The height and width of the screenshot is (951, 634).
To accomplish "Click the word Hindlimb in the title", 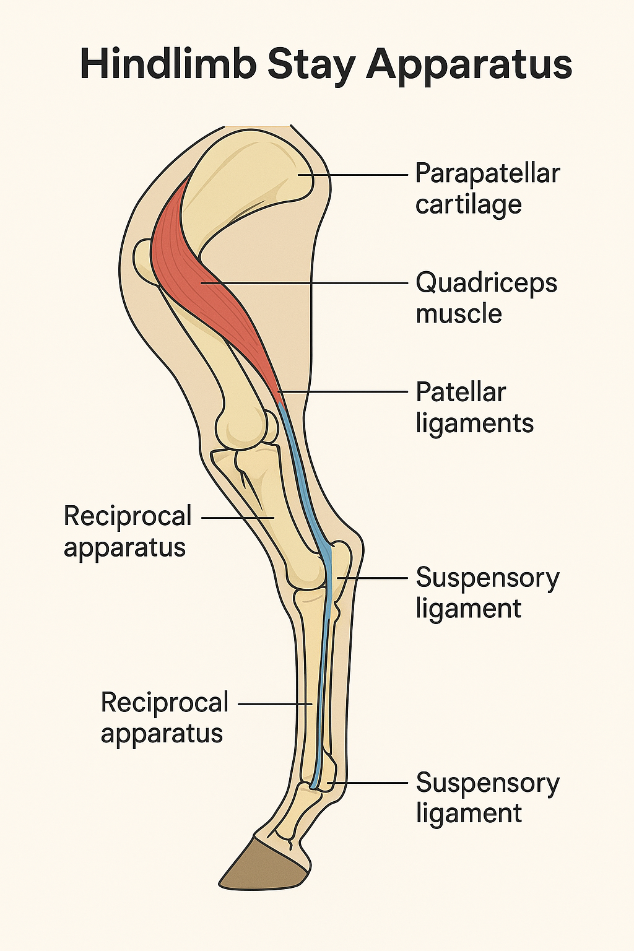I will point(167,64).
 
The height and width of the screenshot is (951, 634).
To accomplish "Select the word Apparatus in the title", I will point(469,64).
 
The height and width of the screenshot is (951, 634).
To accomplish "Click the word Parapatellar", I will point(487,173).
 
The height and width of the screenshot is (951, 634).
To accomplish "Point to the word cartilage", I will point(468,204).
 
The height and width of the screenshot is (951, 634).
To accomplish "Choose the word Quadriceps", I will point(486,283).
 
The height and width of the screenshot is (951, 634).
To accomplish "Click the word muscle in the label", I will point(458,313).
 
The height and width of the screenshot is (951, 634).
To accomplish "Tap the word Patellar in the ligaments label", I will point(461,392).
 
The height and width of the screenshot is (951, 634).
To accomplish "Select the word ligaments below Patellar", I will point(474,423).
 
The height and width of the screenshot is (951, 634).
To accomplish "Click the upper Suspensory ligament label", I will point(487,593).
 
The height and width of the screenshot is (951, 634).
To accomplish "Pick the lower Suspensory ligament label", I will point(487,797).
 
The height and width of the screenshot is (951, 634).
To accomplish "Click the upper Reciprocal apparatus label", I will point(128,531).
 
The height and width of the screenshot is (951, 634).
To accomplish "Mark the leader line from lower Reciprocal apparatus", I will point(272,704).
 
